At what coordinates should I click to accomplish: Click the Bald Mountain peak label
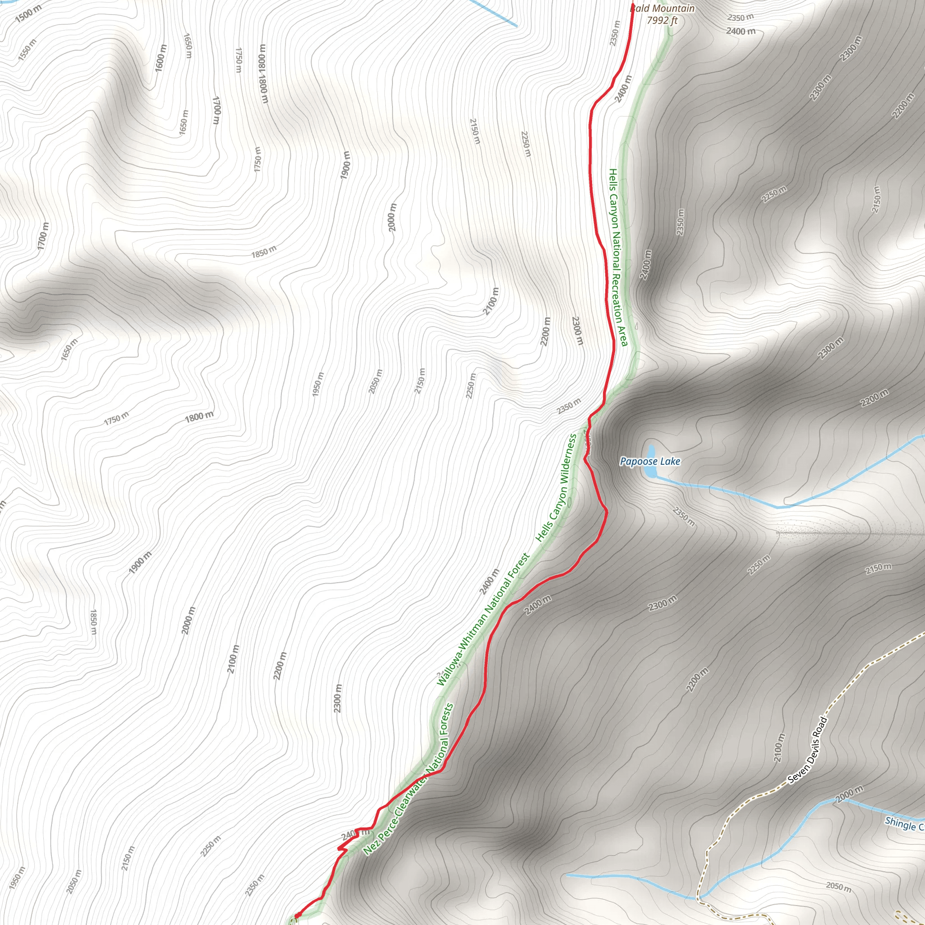click(x=663, y=8)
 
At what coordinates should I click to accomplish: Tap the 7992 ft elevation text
click(x=662, y=20)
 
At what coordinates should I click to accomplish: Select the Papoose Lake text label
click(x=649, y=462)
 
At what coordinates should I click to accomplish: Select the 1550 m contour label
click(x=27, y=49)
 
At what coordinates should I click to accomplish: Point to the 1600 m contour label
click(x=161, y=58)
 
